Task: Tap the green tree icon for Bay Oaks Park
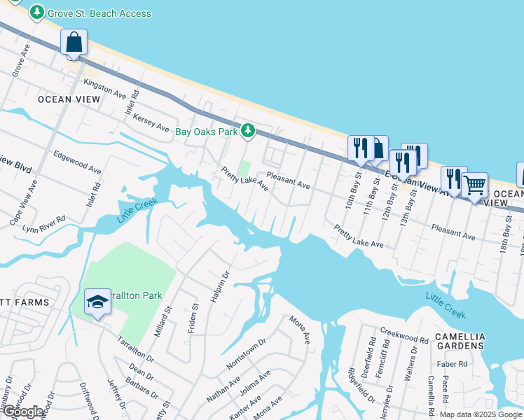[x=247, y=130]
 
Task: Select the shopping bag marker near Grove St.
[x=74, y=43]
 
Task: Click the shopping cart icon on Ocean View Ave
[x=474, y=185]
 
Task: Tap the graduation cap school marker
[x=97, y=302]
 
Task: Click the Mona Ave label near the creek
[x=301, y=329]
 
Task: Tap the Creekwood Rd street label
[x=404, y=334]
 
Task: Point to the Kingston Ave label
[x=104, y=89]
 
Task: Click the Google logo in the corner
[x=24, y=412]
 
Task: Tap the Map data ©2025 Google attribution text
[x=481, y=414]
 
